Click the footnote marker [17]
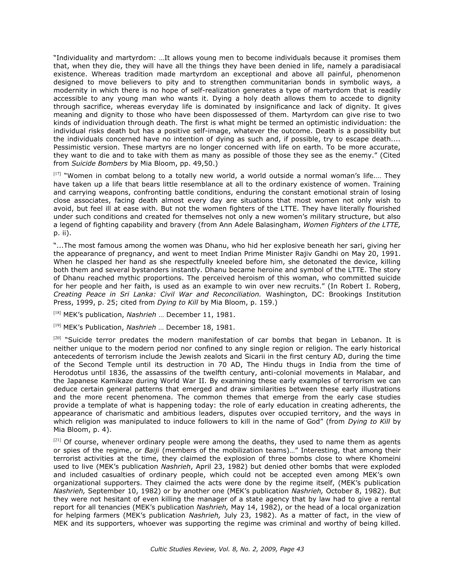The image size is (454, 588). [57, 174]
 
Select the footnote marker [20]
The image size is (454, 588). [57, 338]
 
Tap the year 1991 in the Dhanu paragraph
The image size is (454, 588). [391, 254]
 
